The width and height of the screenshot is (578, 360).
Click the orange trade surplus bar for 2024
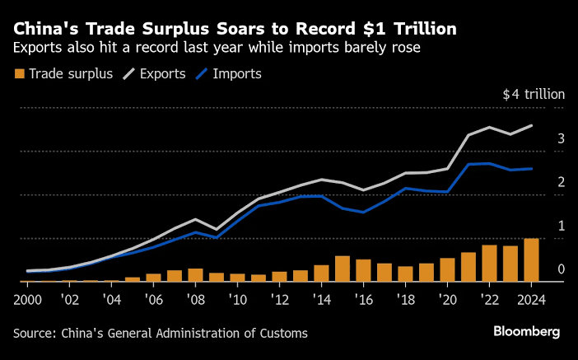point(532,260)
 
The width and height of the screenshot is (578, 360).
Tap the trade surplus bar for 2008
point(195,275)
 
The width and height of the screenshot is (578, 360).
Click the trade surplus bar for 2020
point(447,270)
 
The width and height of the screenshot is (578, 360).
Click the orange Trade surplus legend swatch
point(19,74)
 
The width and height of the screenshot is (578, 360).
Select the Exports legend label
point(161,74)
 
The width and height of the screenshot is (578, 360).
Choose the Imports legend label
point(237,74)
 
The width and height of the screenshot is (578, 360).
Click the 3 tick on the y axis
point(560,139)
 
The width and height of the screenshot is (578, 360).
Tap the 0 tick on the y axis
point(560,269)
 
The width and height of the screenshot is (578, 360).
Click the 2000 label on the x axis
point(28,297)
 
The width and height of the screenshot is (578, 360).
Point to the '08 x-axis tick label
point(195,297)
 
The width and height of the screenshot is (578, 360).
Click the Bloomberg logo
point(526,331)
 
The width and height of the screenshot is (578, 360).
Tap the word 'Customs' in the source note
point(284,333)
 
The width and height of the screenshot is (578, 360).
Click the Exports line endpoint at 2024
point(532,125)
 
